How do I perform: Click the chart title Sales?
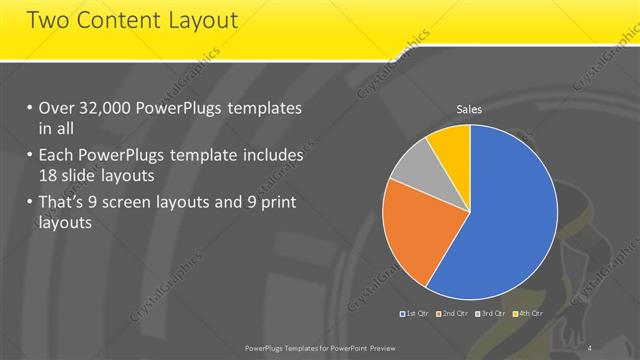pos(470,108)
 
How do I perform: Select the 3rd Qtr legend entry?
pos(489,314)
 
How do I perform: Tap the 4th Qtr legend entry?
pos(528,314)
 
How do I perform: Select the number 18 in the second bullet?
pos(48,175)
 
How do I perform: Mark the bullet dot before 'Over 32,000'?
pos(30,109)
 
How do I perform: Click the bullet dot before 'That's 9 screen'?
pos(30,204)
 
